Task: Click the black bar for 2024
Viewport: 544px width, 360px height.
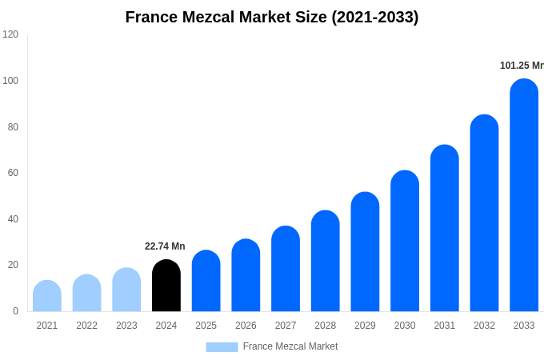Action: [x=166, y=286]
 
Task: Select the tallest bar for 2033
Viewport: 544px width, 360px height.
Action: [x=524, y=195]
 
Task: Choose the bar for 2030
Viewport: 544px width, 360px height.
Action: [x=405, y=241]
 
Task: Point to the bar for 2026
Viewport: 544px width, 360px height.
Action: [x=246, y=275]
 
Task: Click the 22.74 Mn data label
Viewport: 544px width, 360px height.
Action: [x=165, y=246]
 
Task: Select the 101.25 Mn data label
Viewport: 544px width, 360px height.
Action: [x=521, y=66]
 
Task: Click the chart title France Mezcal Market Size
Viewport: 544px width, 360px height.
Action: [x=272, y=17]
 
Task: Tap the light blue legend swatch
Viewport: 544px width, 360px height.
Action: [x=222, y=346]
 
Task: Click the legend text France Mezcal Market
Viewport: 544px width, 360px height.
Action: [x=290, y=346]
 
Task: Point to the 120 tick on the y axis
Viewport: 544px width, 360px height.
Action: [x=10, y=34]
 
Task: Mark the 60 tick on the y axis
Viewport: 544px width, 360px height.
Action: [x=13, y=173]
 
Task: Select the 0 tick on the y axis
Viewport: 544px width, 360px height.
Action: [x=15, y=311]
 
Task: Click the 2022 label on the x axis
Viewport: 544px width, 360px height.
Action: [x=86, y=326]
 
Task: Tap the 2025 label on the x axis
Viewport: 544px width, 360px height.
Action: [x=206, y=326]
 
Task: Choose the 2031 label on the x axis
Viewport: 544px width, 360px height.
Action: [x=444, y=326]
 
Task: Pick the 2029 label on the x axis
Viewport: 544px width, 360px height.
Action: [x=365, y=326]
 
